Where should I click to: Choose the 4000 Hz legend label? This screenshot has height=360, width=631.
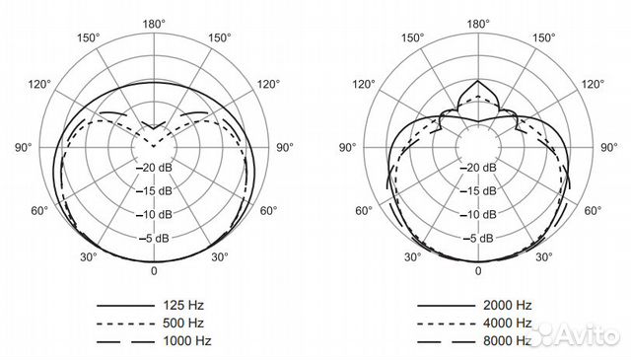[509, 324]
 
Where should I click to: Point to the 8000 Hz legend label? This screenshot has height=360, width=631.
[509, 340]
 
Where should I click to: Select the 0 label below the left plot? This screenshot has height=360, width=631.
[153, 270]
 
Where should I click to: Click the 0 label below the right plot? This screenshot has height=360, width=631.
[478, 270]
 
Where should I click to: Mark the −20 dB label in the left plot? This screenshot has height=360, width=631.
[153, 168]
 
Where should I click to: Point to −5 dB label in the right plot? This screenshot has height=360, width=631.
[478, 238]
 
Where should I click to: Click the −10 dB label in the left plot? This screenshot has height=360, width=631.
[153, 214]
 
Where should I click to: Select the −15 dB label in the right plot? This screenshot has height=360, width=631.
[478, 190]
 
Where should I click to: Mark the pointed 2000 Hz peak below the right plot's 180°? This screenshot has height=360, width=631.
[478, 81]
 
